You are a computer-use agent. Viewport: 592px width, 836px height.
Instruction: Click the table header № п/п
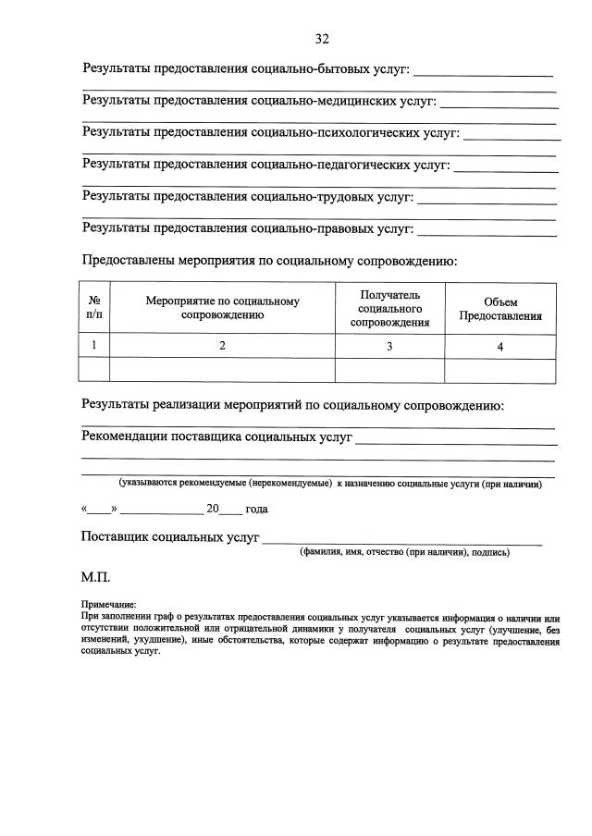pos(94,308)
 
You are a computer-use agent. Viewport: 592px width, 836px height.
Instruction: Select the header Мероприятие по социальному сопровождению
pos(222,308)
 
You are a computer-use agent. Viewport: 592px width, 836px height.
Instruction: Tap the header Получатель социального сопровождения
pos(389,308)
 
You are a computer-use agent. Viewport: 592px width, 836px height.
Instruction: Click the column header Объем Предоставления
pos(500,309)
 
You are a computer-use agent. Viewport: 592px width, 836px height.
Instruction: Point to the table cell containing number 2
pos(222,346)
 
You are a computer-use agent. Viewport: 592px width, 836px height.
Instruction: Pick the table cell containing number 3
pos(389,347)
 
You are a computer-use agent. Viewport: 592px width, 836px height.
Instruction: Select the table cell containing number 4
pos(500,347)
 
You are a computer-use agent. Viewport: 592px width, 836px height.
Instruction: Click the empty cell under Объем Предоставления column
pos(500,371)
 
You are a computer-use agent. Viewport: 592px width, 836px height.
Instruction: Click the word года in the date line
pos(256,509)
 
